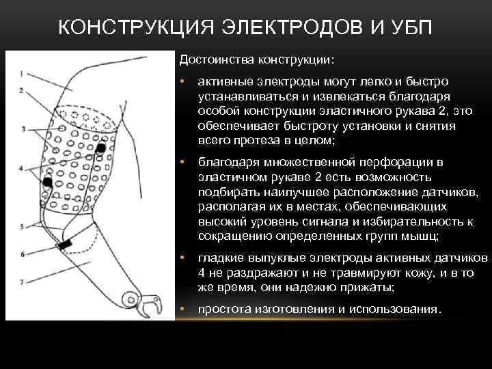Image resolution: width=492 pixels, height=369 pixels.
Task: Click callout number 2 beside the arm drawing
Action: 21,90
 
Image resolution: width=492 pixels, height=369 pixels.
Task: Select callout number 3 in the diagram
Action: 23,128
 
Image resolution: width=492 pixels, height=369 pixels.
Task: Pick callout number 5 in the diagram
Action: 23,225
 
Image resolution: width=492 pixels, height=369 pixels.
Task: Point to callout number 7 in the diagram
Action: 23,282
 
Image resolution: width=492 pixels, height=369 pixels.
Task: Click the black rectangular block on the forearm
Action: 66,244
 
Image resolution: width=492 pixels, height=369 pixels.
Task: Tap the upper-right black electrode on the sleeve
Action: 100,148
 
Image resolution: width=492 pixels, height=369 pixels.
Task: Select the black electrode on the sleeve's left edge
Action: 48,181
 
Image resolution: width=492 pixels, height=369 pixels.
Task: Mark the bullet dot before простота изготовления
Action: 182,309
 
